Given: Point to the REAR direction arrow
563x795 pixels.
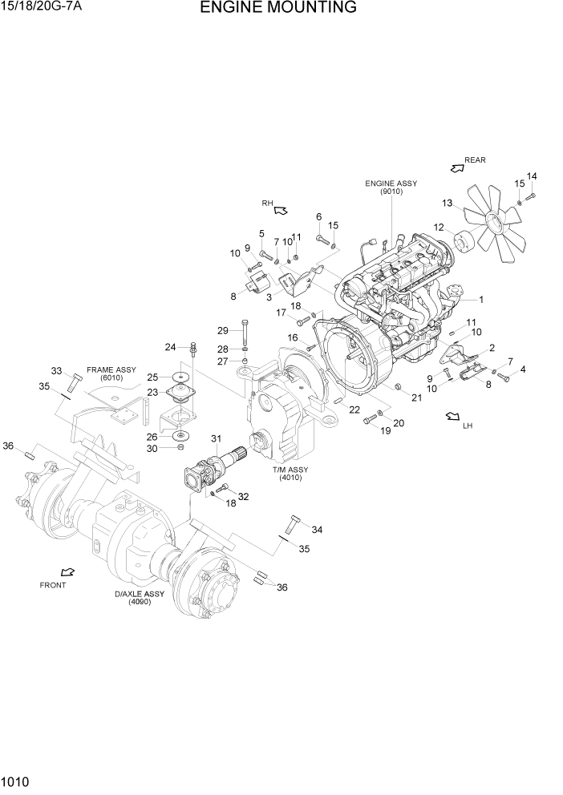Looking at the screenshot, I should (457, 167).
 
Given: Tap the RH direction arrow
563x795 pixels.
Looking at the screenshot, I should (281, 210).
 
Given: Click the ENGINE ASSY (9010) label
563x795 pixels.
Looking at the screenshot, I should (391, 188).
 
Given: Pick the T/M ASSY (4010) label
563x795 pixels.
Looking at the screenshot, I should (290, 474).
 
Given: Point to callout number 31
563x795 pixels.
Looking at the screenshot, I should (215, 438).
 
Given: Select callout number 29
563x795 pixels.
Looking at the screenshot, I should (223, 330).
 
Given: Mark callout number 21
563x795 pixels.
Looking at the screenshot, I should (416, 397).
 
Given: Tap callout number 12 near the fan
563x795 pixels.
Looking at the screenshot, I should (439, 228).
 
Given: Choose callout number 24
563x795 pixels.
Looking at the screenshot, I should (170, 347).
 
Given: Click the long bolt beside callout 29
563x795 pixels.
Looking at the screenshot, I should (244, 332).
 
